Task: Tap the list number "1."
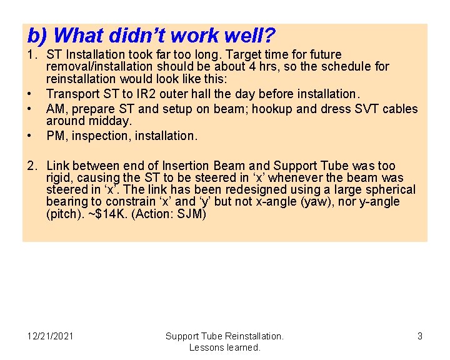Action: [x=32, y=55]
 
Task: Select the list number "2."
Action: [x=32, y=166]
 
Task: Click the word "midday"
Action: [x=111, y=121]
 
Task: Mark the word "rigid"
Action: [x=61, y=177]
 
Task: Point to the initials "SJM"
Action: [x=192, y=213]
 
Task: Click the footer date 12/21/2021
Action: [x=51, y=336]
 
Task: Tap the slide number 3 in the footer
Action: [x=420, y=336]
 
